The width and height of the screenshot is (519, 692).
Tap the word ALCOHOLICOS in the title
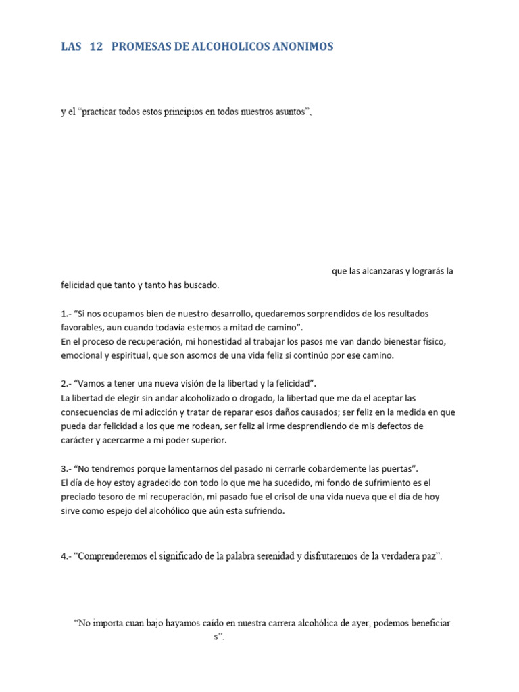230,47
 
